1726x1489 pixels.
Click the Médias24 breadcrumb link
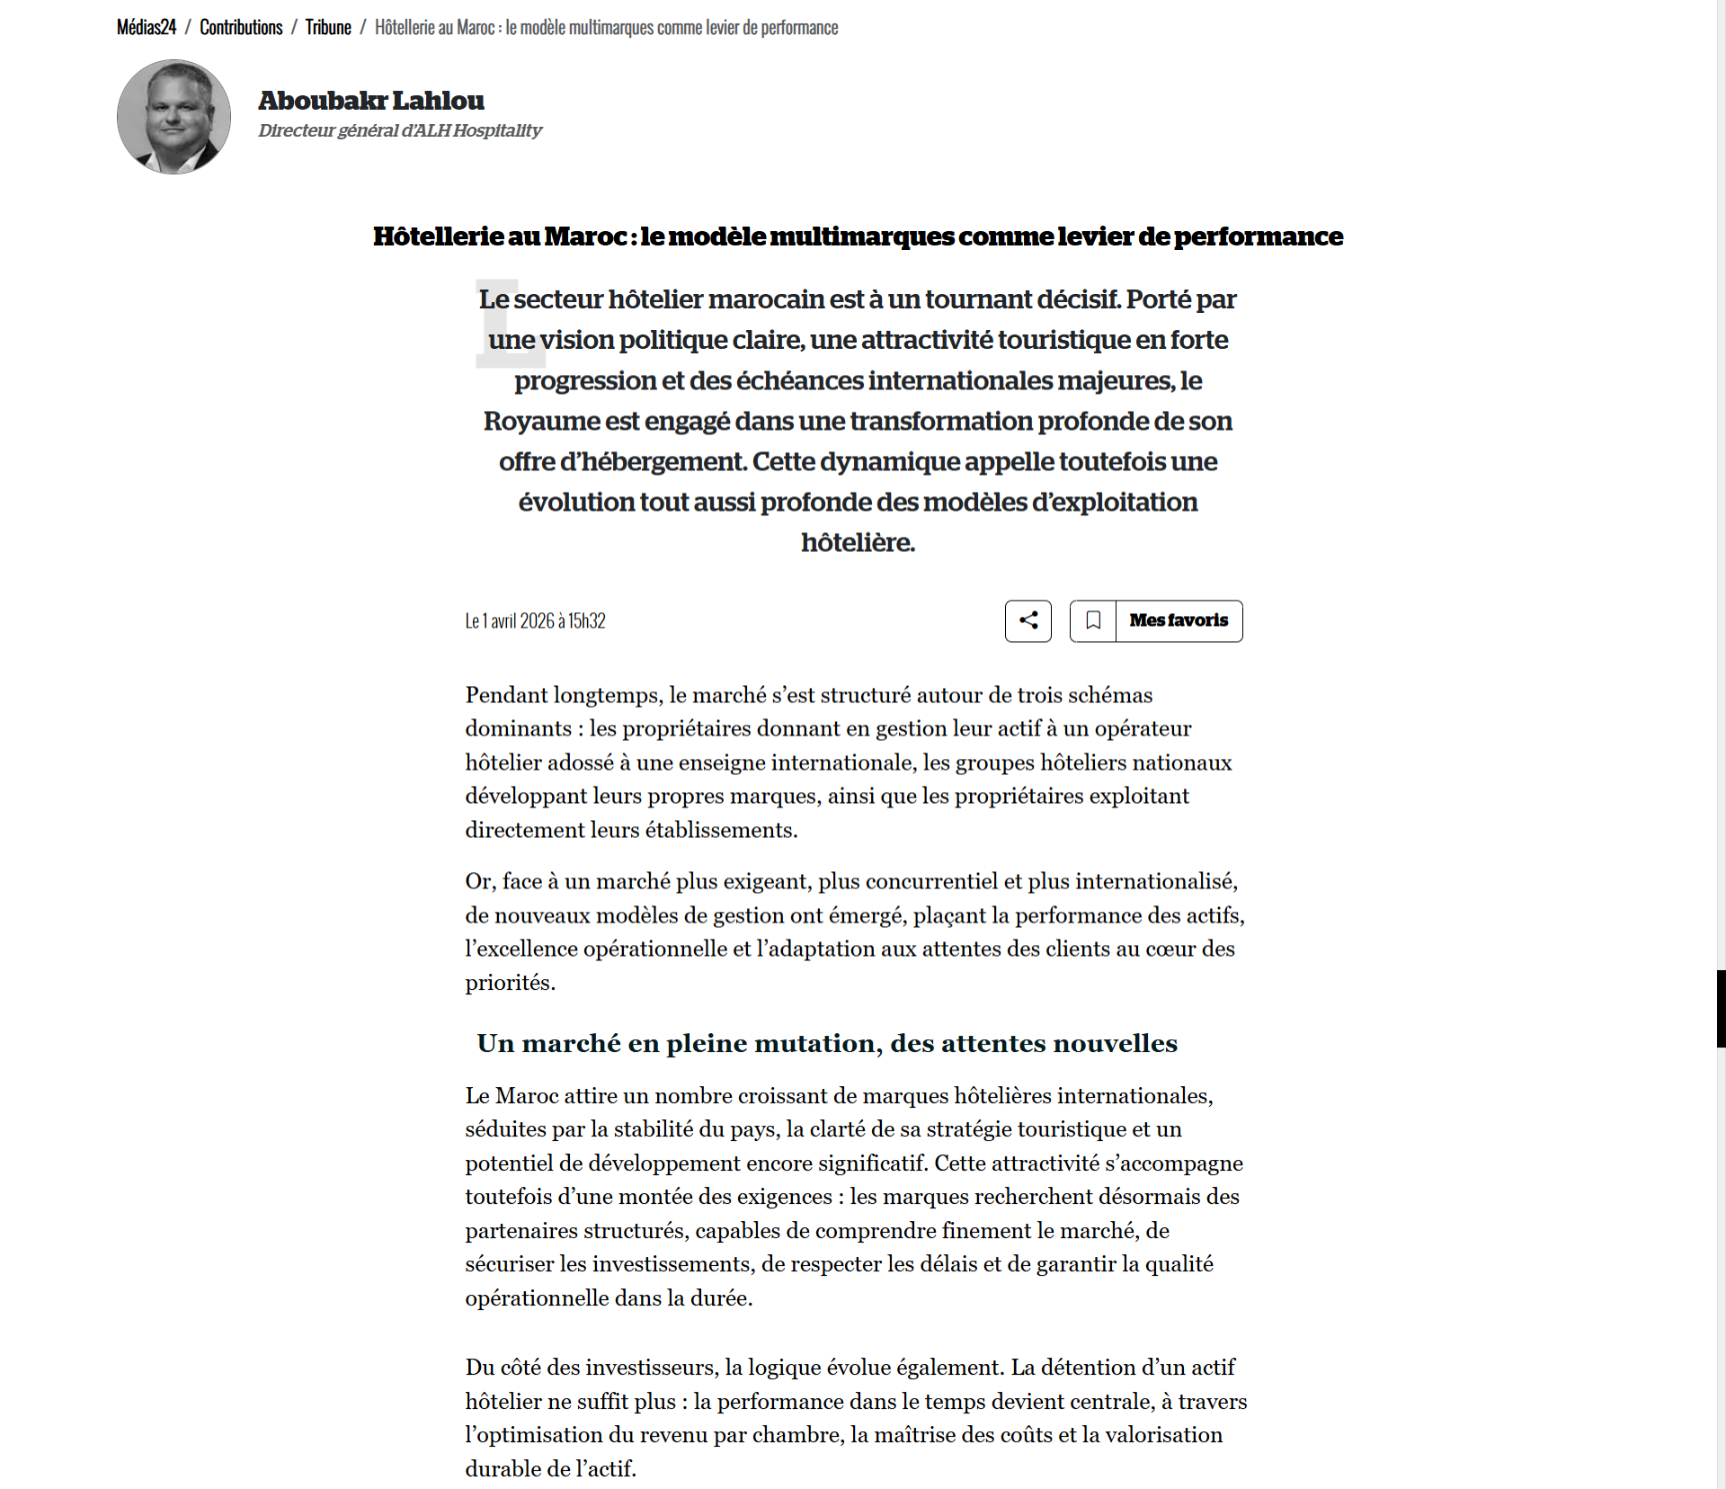pos(146,28)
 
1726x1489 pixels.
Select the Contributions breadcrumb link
pos(241,28)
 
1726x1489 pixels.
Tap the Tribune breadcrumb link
pos(328,28)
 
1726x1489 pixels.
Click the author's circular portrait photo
pos(173,117)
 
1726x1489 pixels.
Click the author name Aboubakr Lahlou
pos(370,100)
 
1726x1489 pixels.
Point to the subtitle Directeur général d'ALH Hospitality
pos(400,130)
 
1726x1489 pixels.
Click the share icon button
pos(1028,620)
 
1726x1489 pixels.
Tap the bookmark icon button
pos(1093,620)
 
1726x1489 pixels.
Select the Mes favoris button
pos(1179,620)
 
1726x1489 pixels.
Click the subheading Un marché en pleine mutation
pos(827,1043)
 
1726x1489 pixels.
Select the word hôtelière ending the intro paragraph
pos(857,542)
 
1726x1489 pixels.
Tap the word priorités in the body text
pos(509,983)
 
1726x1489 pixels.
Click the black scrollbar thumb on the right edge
pos(1721,1009)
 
